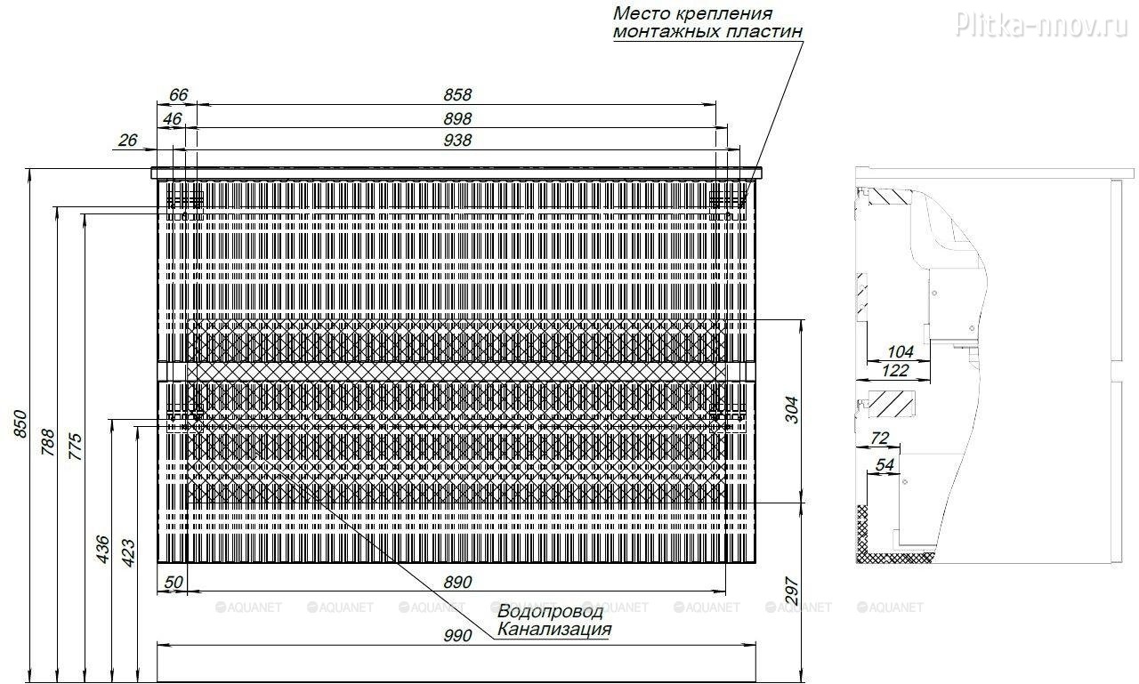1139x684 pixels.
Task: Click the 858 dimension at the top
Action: [x=457, y=94]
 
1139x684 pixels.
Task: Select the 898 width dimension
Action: [x=457, y=118]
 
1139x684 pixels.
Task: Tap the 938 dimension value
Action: [x=457, y=140]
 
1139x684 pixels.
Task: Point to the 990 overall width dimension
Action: [x=457, y=635]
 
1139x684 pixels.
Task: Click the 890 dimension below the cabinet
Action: [x=457, y=582]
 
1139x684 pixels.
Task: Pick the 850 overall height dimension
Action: [x=20, y=423]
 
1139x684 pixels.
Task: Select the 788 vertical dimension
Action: [x=48, y=442]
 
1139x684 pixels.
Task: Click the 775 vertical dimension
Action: [x=76, y=447]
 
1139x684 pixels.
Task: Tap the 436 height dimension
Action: [x=102, y=550]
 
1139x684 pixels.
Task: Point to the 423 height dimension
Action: [x=129, y=553]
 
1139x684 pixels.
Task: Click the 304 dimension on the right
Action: [x=792, y=410]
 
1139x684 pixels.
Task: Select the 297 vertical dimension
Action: [x=792, y=591]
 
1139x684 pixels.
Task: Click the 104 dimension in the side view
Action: [x=901, y=351]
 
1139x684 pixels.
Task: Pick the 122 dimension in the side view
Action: [x=895, y=370]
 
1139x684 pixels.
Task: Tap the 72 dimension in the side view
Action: [x=880, y=438]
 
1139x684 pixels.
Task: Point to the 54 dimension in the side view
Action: [x=885, y=464]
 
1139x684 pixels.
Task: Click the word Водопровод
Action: [x=550, y=611]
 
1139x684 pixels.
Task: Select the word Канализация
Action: [x=554, y=629]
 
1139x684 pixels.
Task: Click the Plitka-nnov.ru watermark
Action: [x=1042, y=24]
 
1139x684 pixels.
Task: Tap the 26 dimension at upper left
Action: [x=127, y=140]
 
